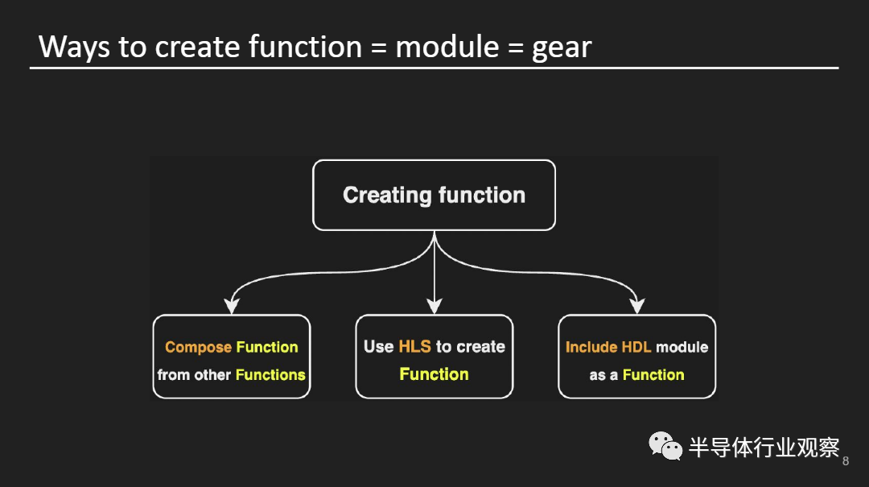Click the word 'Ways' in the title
[74, 47]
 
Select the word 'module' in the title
[447, 47]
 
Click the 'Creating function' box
[434, 195]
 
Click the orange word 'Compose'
[197, 348]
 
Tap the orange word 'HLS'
[414, 347]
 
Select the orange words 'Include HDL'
[608, 347]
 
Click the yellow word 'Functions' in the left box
[270, 374]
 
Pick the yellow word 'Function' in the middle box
[434, 374]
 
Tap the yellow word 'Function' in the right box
[653, 374]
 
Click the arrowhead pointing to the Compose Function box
[232, 305]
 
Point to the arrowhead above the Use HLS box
[434, 305]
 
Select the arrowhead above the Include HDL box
[637, 305]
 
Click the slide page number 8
[845, 461]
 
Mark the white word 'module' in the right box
[682, 347]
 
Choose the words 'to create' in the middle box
[471, 347]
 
